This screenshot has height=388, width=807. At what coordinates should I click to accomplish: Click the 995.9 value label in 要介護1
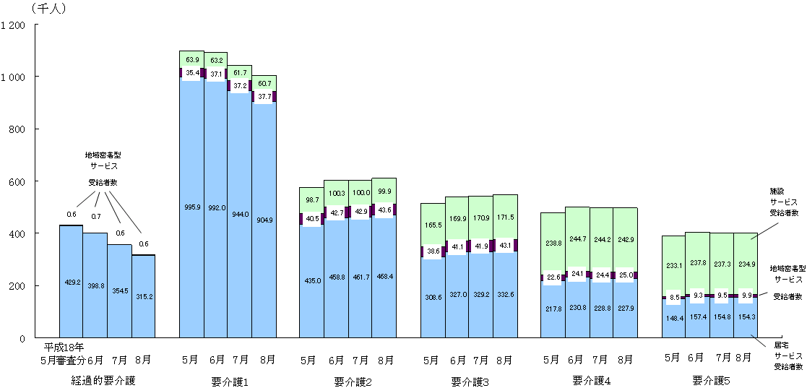[x=191, y=207]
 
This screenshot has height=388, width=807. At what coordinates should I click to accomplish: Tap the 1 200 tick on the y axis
[x=14, y=25]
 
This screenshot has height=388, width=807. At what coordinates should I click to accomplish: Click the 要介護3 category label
[x=468, y=381]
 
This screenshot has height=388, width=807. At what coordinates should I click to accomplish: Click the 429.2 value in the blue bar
[x=71, y=284]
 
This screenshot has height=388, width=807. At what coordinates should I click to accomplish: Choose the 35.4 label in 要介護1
[x=192, y=73]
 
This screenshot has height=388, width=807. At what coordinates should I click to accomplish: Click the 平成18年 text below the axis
[x=64, y=348]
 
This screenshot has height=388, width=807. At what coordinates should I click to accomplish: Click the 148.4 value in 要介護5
[x=674, y=318]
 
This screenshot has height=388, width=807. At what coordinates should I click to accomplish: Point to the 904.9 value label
[x=264, y=220]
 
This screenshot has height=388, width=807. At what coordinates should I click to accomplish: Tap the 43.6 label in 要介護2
[x=384, y=210]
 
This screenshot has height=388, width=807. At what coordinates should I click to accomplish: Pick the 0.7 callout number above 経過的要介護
[x=96, y=217]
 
